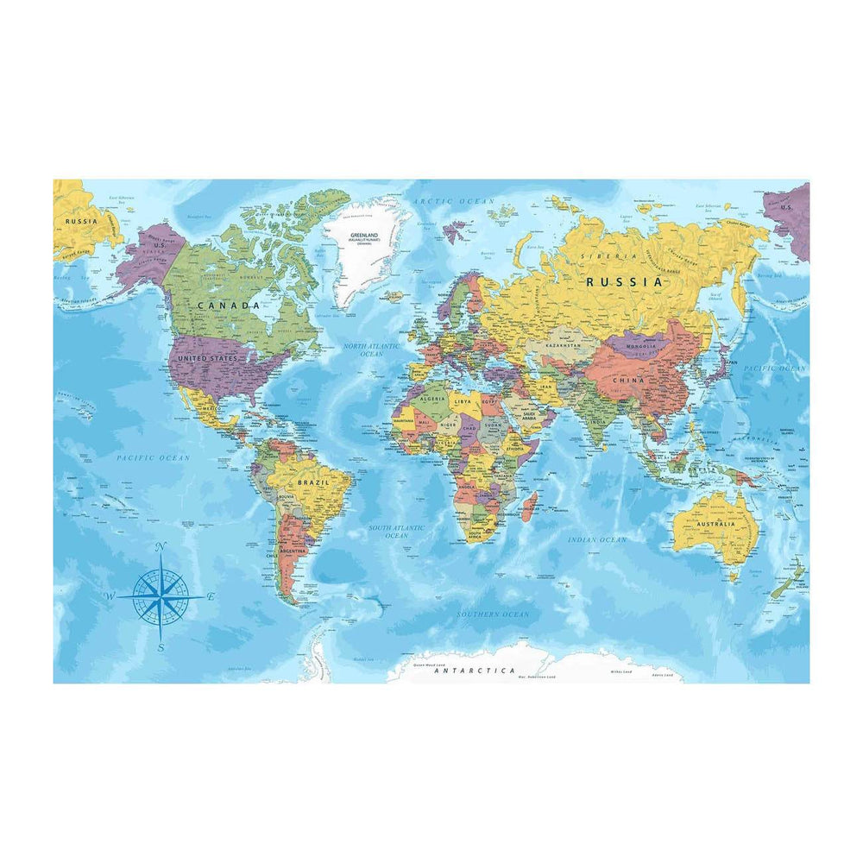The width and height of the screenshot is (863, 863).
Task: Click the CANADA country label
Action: [x=228, y=306]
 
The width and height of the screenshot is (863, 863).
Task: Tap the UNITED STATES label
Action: [x=207, y=357]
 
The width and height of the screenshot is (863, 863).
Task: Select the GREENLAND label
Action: [x=365, y=235]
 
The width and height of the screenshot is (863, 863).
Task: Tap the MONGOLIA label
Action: [x=640, y=346]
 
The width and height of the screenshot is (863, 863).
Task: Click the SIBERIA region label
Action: [x=597, y=256]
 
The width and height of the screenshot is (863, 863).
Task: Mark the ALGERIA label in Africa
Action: [x=431, y=400]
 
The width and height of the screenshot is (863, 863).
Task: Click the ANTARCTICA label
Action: [x=475, y=671]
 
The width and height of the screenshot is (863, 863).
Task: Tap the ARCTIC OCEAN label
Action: [x=454, y=201]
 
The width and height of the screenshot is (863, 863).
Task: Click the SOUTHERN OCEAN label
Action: [x=493, y=614]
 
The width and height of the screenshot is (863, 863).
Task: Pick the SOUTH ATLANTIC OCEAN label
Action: [x=397, y=531]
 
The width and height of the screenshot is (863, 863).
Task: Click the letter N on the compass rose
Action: [x=161, y=548]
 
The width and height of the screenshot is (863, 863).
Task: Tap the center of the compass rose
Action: [x=161, y=596]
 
